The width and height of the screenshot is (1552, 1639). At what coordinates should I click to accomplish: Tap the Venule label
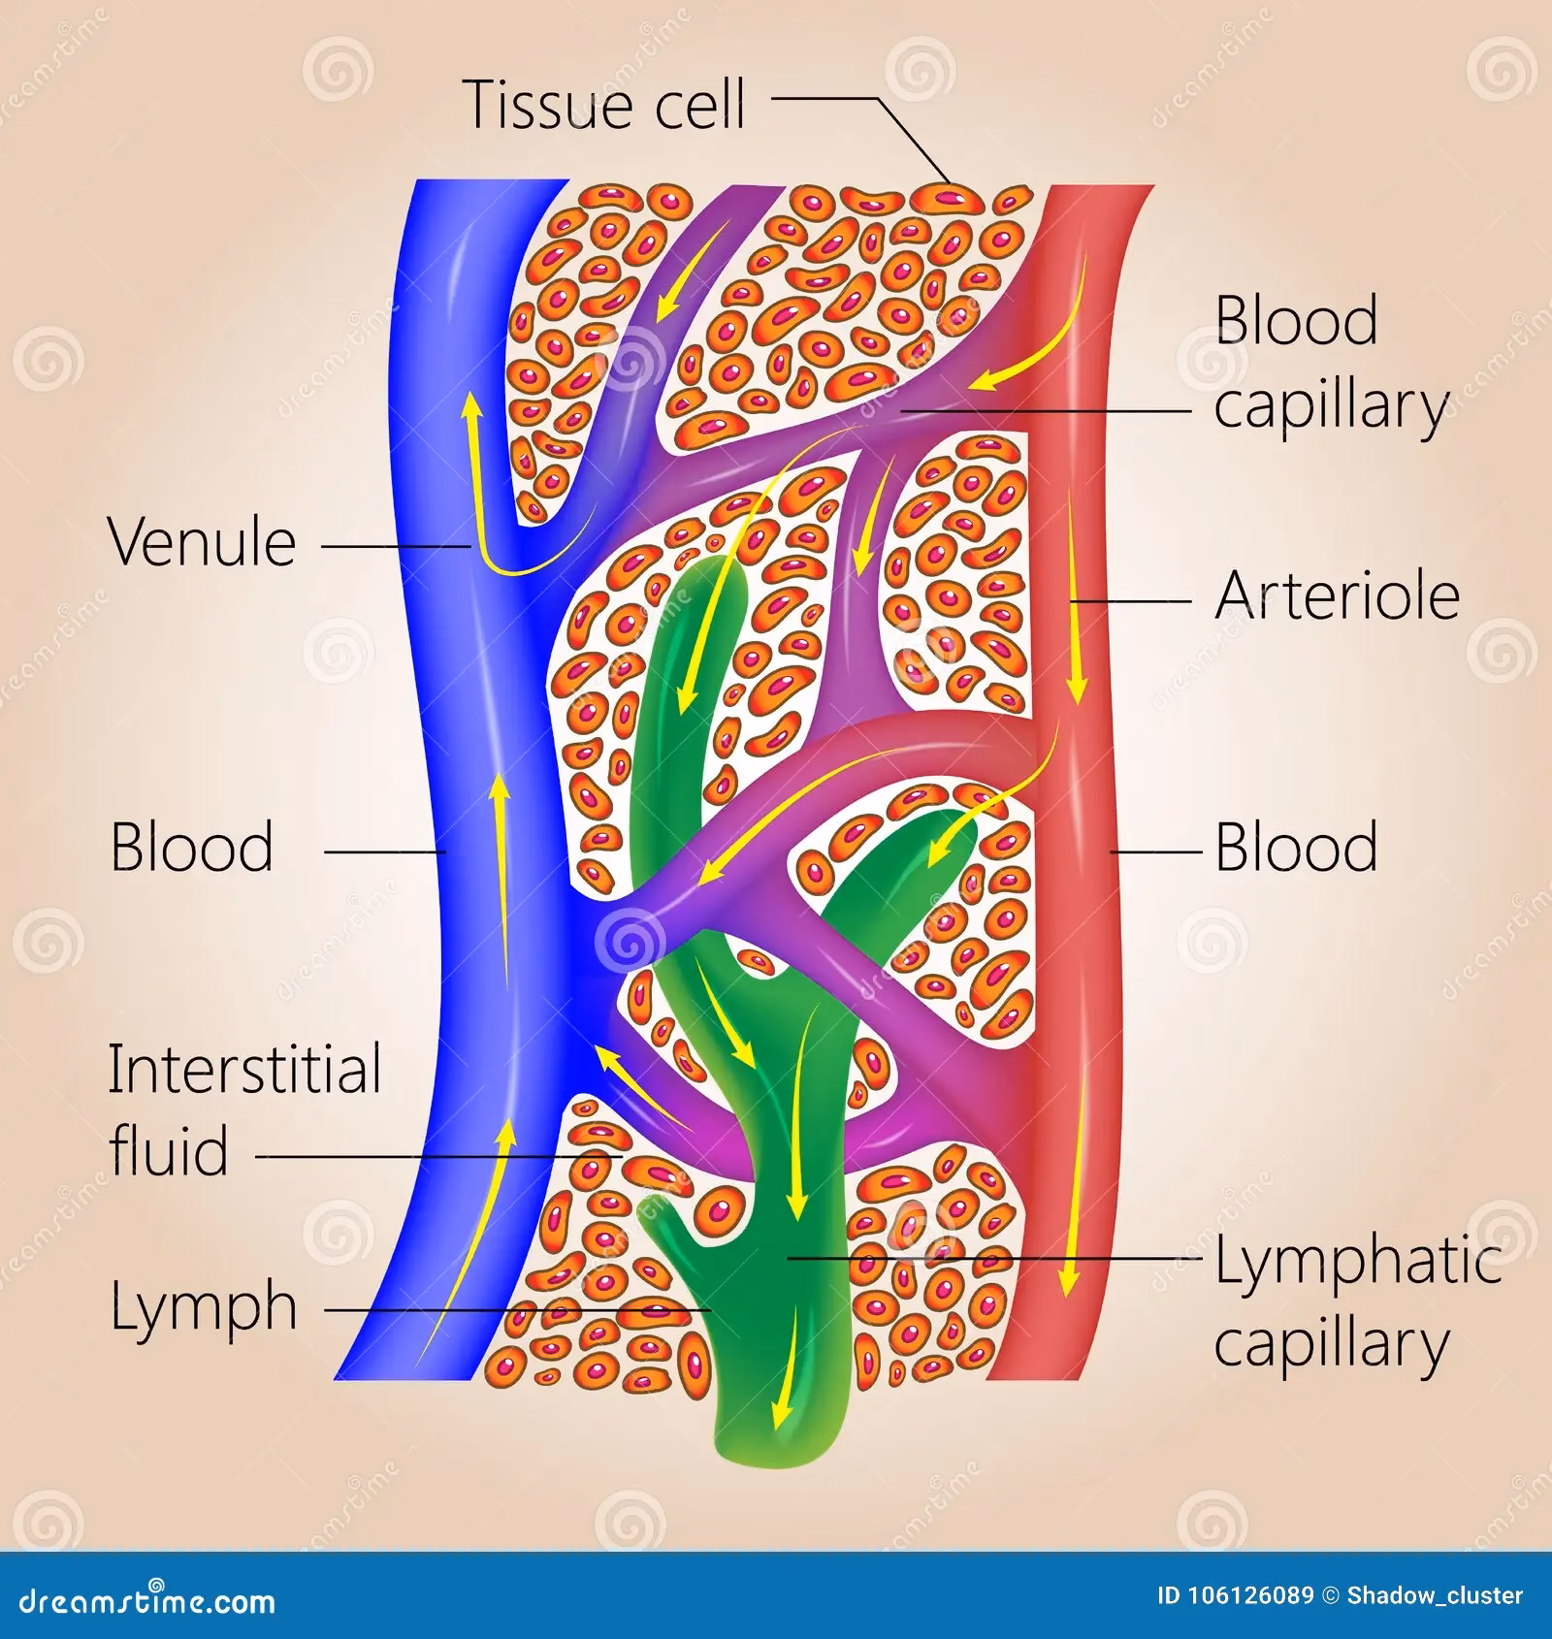(x=202, y=543)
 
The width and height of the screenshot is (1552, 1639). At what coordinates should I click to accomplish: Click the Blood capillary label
(x=1329, y=363)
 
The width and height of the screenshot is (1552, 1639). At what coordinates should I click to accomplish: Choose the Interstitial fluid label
(x=244, y=1110)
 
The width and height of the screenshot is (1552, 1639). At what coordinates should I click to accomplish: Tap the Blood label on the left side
(x=192, y=848)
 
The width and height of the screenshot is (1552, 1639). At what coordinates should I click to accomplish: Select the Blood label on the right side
(x=1296, y=848)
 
